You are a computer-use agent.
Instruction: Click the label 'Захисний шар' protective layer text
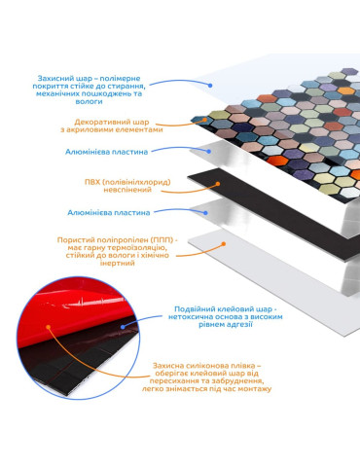(x=89, y=90)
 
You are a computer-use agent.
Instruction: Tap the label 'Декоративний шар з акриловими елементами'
(x=112, y=126)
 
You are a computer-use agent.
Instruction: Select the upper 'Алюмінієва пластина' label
(x=106, y=152)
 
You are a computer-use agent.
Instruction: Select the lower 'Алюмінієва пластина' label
(x=109, y=213)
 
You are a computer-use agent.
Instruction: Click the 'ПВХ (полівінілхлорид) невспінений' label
(x=127, y=186)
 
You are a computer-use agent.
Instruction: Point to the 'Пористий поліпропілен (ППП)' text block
(x=118, y=251)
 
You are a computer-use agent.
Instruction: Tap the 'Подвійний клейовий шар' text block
(x=226, y=316)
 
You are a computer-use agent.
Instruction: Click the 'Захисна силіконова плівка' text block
(x=206, y=377)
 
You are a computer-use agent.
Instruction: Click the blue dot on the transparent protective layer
(x=210, y=86)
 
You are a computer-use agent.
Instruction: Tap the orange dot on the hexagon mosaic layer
(x=204, y=120)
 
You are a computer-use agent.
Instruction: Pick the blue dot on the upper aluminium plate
(x=209, y=151)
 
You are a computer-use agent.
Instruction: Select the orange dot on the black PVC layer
(x=218, y=184)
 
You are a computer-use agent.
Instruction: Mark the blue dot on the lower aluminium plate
(x=205, y=213)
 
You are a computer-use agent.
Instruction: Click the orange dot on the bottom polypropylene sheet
(x=224, y=243)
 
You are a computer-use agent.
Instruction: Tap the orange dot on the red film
(x=49, y=327)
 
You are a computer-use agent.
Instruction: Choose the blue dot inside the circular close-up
(x=123, y=327)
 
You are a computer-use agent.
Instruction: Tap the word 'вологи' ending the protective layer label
(x=89, y=101)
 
